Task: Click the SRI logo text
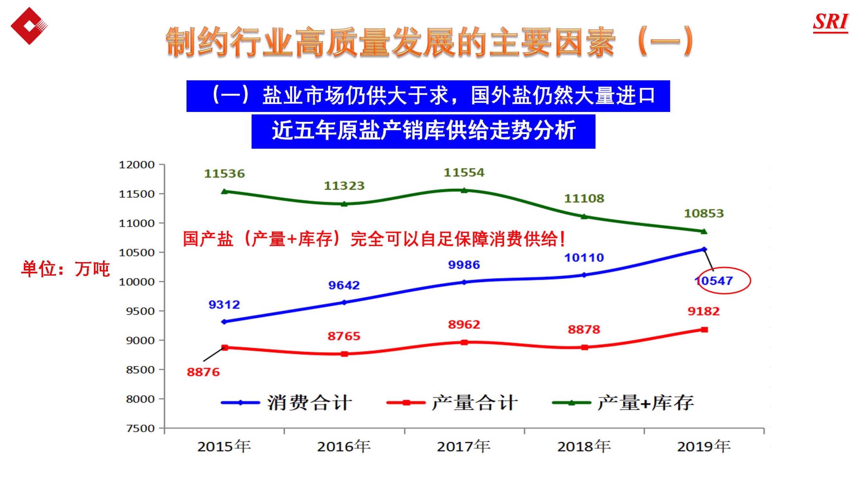tap(830, 22)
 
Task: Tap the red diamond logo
tap(29, 26)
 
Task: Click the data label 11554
tap(464, 173)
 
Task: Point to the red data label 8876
tap(203, 372)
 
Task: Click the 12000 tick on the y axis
tap(136, 165)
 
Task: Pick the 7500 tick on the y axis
tap(140, 428)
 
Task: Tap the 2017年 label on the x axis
tap(463, 446)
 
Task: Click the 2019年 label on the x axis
tap(704, 446)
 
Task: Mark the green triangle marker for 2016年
tap(344, 204)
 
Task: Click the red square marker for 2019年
tap(704, 330)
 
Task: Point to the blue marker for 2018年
tap(584, 275)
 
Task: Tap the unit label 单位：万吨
tap(65, 269)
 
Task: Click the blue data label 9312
tap(224, 305)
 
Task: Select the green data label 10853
tap(704, 214)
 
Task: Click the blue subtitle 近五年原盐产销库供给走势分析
tap(423, 131)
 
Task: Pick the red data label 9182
tap(703, 311)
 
